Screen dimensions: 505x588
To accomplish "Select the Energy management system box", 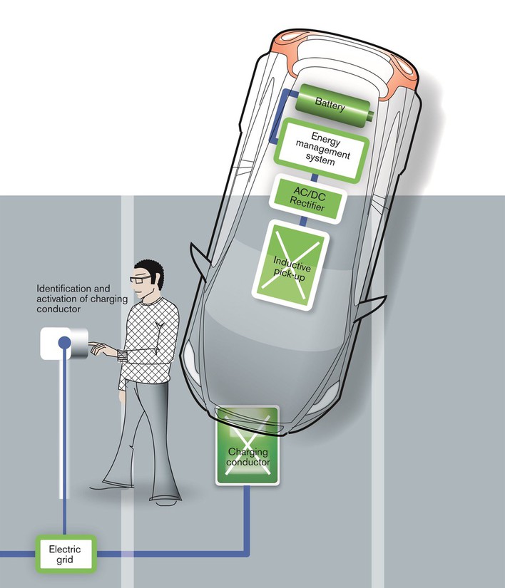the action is click(322, 150).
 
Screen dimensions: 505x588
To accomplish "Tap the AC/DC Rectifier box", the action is click(307, 200).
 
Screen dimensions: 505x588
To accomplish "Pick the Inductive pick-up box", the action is click(290, 266).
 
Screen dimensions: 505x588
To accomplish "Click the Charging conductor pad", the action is click(248, 445).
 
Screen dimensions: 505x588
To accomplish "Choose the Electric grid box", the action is click(65, 554).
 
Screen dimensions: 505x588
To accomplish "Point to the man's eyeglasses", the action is click(140, 279).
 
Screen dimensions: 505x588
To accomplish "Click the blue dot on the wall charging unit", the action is click(64, 342).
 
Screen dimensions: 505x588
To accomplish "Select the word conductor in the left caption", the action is click(58, 309).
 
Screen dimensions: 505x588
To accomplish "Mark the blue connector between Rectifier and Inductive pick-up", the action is click(304, 222).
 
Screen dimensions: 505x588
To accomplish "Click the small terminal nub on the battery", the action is click(371, 116).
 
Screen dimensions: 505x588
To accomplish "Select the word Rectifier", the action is click(307, 205).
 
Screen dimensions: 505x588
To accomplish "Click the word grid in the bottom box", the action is click(64, 560).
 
